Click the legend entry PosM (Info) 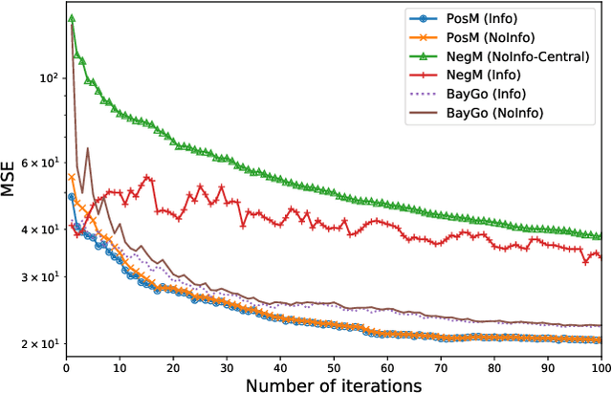coord(484,19)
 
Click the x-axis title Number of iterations coord(333,384)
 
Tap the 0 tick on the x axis coord(65,365)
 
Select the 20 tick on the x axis coord(172,365)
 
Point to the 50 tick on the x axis coord(333,365)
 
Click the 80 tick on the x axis coord(493,365)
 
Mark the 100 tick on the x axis coord(599,365)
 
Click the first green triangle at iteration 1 coord(71,18)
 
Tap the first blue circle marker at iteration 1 coord(71,197)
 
